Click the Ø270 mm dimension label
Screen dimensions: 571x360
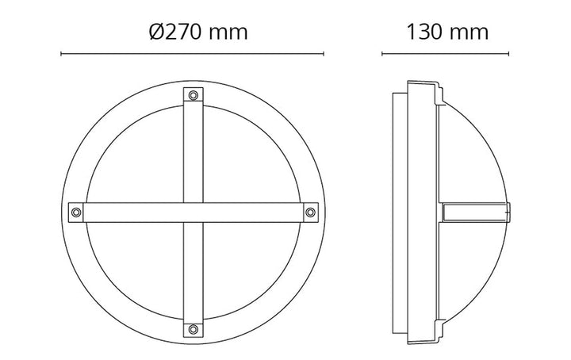pos(198,32)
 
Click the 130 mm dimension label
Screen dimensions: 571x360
pos(447,32)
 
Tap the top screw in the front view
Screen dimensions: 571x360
pos(193,95)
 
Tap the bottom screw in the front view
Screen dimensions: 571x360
pos(193,330)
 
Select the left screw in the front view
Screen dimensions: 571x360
pos(76,213)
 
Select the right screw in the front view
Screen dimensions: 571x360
pos(310,213)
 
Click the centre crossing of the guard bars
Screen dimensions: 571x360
pos(193,213)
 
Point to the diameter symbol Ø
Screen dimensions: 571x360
pos(156,32)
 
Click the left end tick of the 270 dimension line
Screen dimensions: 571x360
pos(61,54)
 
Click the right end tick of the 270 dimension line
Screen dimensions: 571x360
pos(324,54)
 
